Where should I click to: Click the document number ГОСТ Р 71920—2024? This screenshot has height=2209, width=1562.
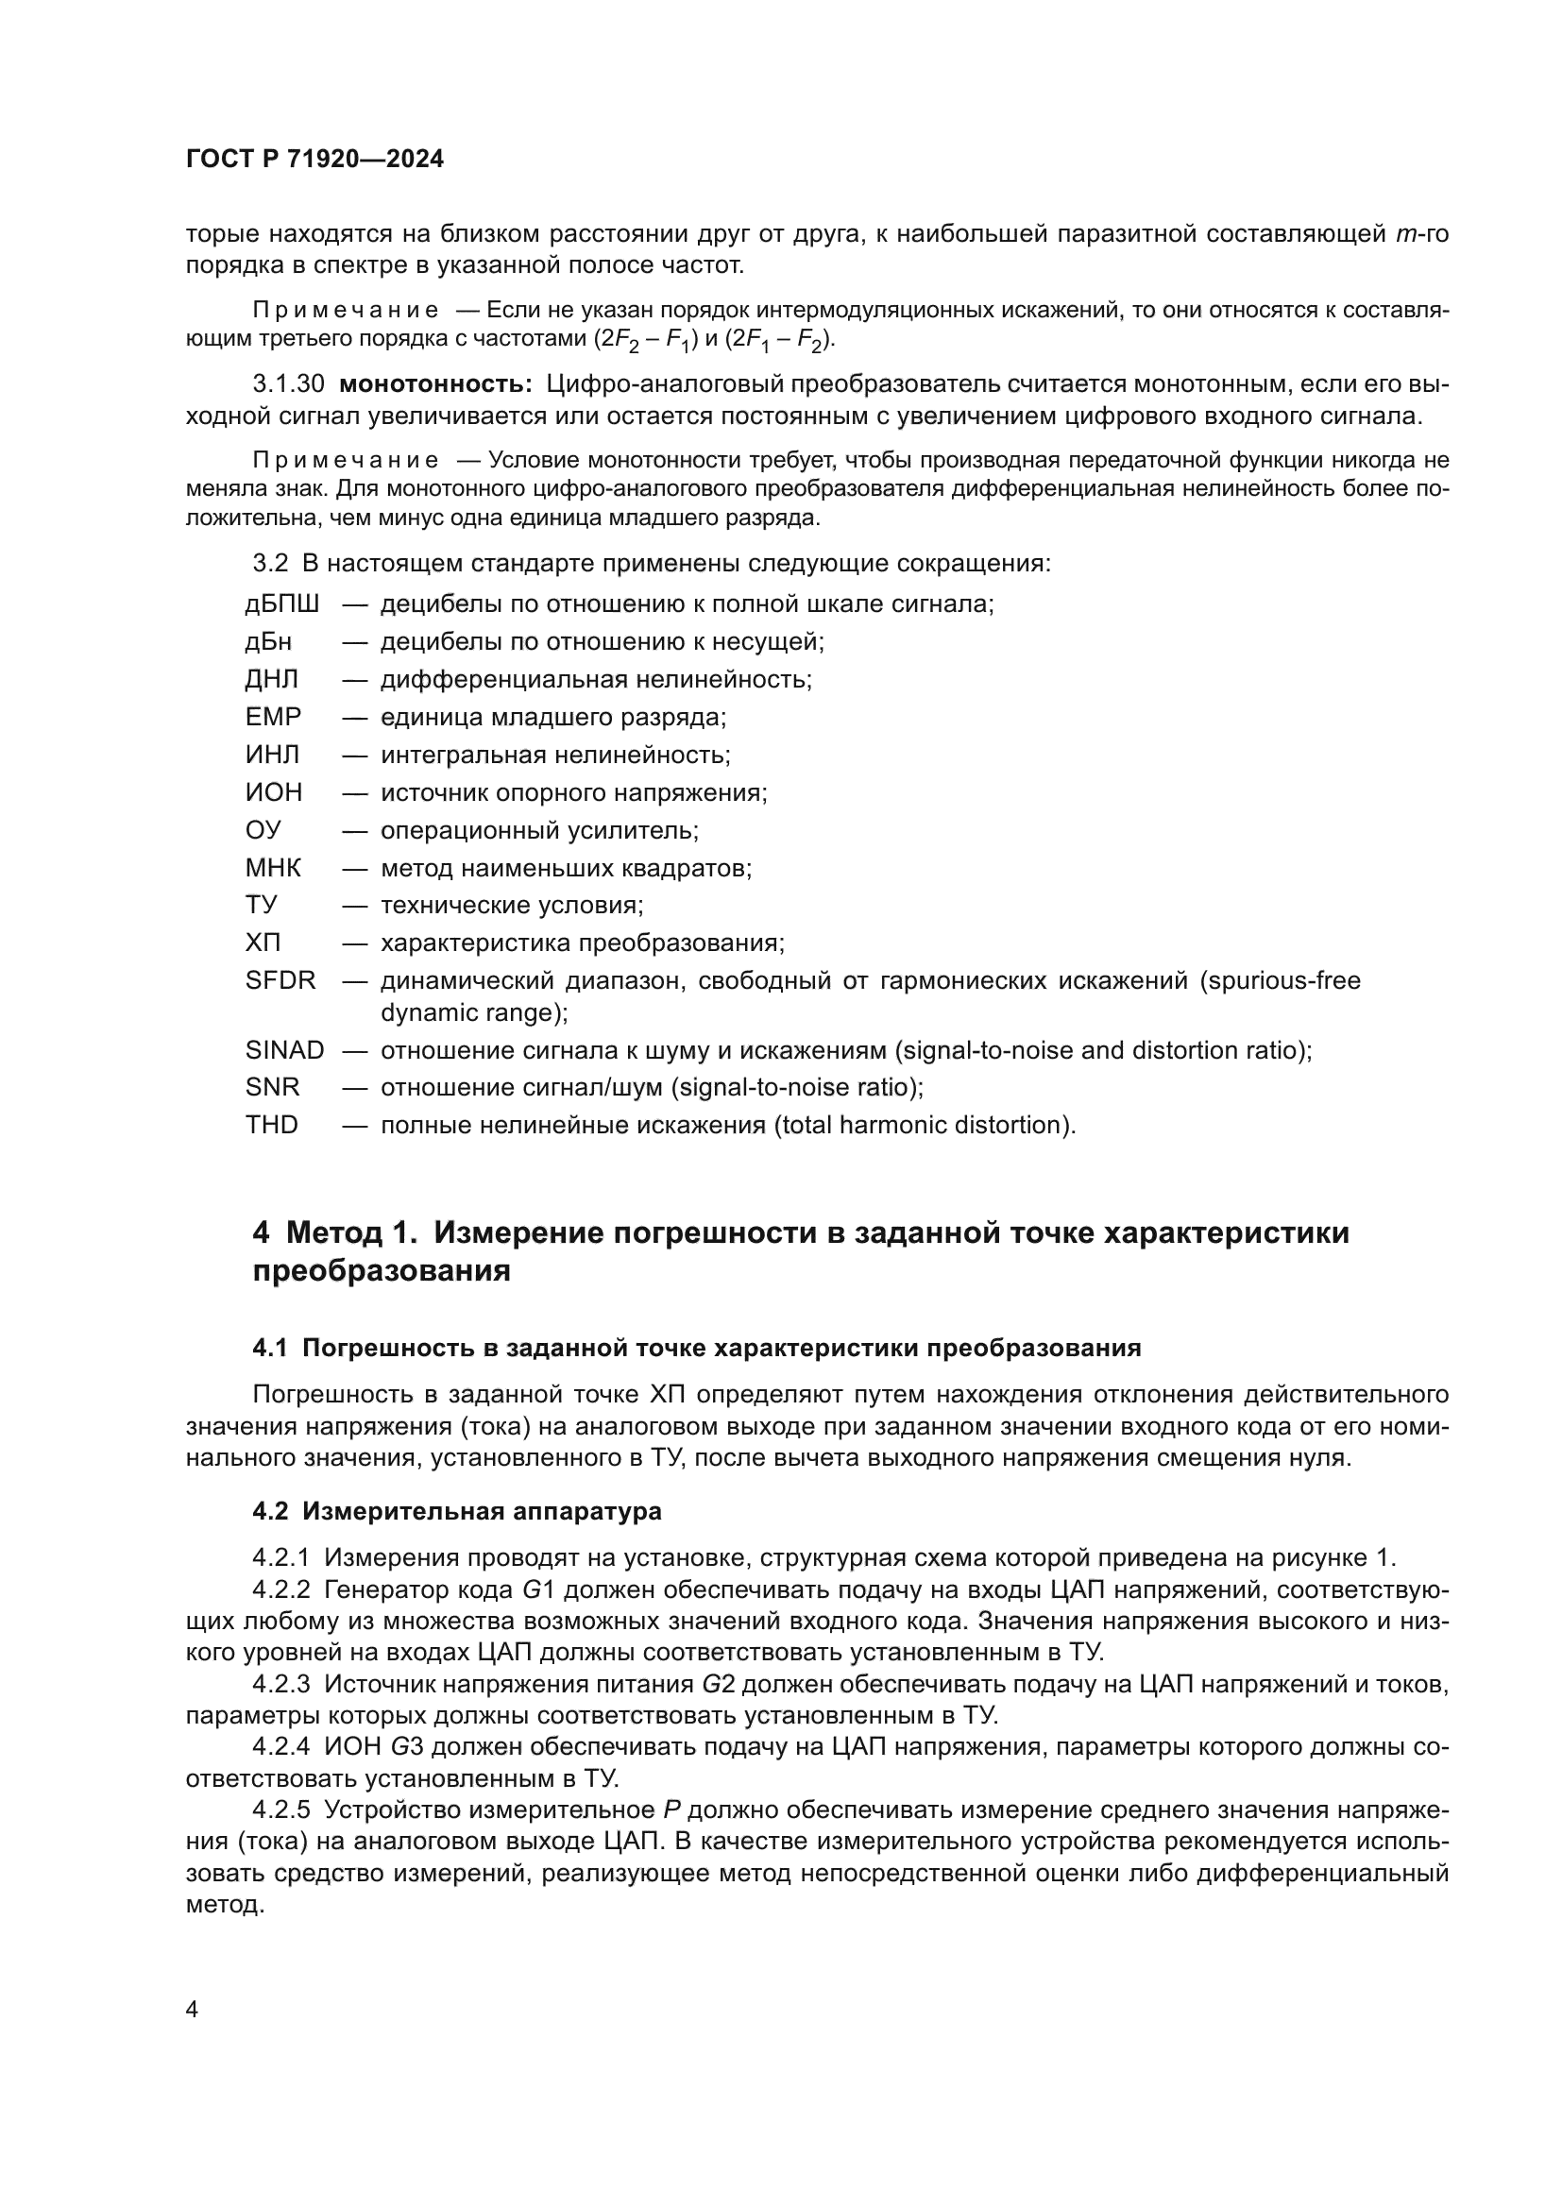(x=314, y=160)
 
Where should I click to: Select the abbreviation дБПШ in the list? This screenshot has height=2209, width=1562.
(x=281, y=604)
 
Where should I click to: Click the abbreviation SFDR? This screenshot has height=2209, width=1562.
(x=280, y=980)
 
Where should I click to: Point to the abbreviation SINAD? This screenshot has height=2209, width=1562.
(x=284, y=1049)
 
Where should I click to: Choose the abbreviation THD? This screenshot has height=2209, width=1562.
(x=271, y=1125)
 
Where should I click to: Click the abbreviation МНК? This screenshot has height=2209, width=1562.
(x=273, y=868)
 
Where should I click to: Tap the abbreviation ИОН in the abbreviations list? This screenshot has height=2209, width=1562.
(x=273, y=791)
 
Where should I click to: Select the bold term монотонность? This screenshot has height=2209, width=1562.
(x=435, y=383)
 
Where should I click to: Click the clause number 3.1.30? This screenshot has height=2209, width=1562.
(x=289, y=383)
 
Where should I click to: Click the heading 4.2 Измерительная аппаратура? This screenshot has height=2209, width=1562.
(x=457, y=1511)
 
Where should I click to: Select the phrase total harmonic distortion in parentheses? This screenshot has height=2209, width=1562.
(x=922, y=1125)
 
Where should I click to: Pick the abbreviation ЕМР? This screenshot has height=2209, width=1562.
(x=273, y=717)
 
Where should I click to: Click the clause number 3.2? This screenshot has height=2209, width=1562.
(x=269, y=563)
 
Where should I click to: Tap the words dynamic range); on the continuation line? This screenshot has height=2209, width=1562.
(x=474, y=1012)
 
